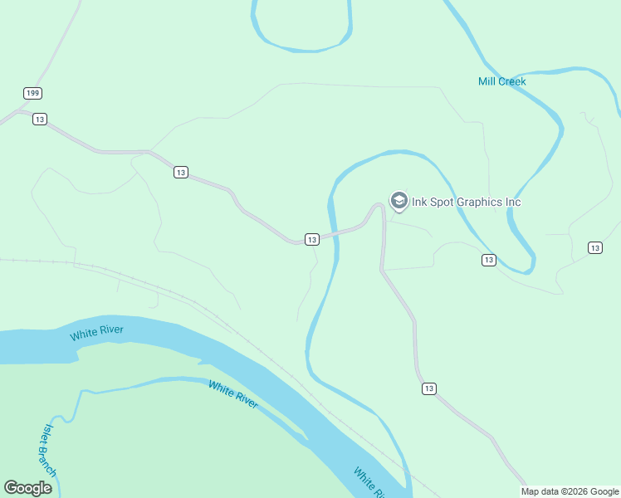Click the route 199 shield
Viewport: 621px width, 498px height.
tap(32, 93)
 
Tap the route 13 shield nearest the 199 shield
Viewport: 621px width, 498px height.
tap(39, 120)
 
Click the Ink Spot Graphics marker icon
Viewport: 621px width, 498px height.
tap(399, 201)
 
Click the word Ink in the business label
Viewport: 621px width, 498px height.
tap(420, 202)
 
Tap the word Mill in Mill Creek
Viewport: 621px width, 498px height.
tap(488, 81)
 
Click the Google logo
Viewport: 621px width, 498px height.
tap(28, 488)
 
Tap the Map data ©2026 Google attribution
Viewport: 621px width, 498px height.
tap(570, 491)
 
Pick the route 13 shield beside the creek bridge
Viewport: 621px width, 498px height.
tap(311, 240)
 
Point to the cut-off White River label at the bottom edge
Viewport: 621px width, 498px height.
tap(367, 483)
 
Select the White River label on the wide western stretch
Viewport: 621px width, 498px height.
tap(97, 334)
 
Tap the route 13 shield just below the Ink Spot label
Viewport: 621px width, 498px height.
tap(488, 260)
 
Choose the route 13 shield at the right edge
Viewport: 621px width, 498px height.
tap(594, 247)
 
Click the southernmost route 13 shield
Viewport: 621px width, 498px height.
tap(428, 388)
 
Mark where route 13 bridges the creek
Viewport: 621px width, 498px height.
tap(335, 235)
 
